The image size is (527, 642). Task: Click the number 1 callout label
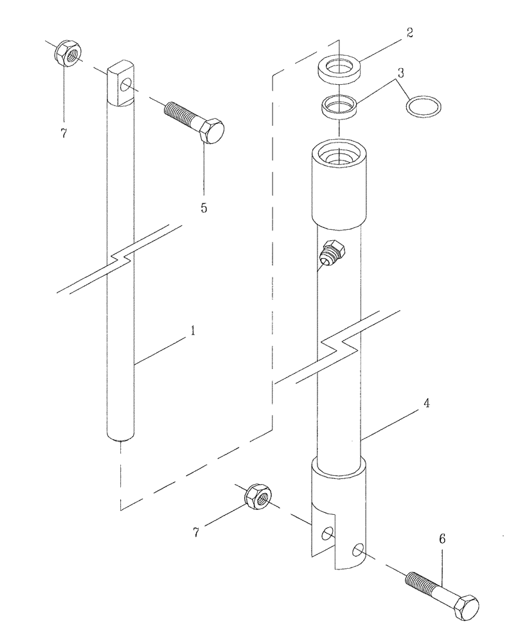192,332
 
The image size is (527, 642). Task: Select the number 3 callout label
400,73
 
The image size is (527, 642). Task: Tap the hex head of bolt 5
212,132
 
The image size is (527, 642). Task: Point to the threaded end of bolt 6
417,580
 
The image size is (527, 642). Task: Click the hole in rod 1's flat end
128,85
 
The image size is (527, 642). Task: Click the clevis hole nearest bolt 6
359,549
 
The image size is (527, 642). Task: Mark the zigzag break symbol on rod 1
119,259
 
